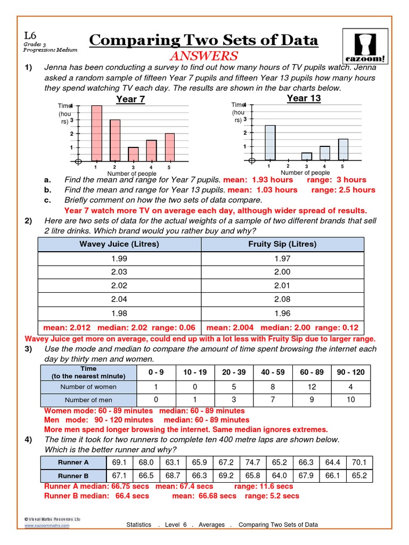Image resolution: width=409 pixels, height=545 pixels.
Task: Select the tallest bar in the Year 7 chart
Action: coord(96,133)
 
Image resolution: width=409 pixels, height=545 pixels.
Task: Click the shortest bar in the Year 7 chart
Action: coord(133,154)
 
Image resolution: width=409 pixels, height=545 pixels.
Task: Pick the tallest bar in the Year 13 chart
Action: coord(270,143)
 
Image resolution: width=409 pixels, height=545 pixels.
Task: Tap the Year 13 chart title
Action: coord(304,98)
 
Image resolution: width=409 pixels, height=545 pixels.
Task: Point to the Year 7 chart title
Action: coord(130,100)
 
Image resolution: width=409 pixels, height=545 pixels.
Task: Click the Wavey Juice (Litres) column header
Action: coord(119,244)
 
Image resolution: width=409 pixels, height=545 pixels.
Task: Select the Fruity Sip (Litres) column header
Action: coord(282,244)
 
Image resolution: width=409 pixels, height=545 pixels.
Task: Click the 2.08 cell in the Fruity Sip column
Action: coord(282,300)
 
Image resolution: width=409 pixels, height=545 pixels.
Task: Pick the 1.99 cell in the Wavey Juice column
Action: coord(119,258)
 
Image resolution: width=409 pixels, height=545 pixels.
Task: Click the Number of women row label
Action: coord(88,387)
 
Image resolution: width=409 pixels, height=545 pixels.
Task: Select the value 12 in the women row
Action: coord(313,387)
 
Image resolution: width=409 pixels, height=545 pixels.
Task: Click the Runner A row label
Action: coord(73,462)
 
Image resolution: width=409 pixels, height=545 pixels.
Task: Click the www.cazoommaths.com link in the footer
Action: coord(47,525)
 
